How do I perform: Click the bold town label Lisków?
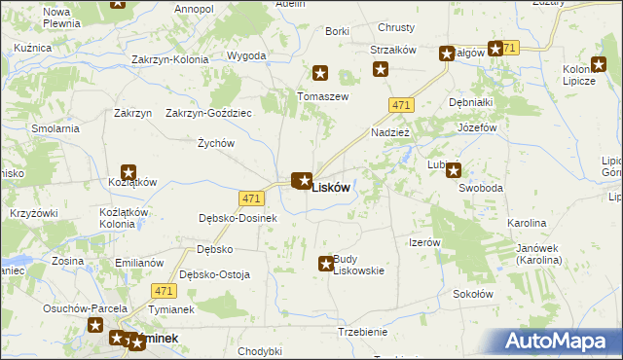pyautogui.click(x=330, y=189)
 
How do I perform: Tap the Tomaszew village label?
pyautogui.click(x=323, y=96)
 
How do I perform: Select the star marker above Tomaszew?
pyautogui.click(x=320, y=73)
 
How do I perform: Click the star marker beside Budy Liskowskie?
pyautogui.click(x=326, y=264)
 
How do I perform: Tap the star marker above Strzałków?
pyautogui.click(x=381, y=69)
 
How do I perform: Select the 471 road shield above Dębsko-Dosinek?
pyautogui.click(x=252, y=198)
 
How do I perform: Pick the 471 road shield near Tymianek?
pyautogui.click(x=164, y=291)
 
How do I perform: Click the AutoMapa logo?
pyautogui.click(x=560, y=341)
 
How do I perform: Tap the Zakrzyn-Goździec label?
pyautogui.click(x=208, y=113)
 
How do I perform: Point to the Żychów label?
pyautogui.click(x=216, y=143)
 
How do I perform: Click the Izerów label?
pyautogui.click(x=425, y=242)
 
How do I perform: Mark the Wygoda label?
pyautogui.click(x=246, y=55)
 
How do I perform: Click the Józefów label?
pyautogui.click(x=477, y=127)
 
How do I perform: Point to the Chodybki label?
pyautogui.click(x=259, y=351)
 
